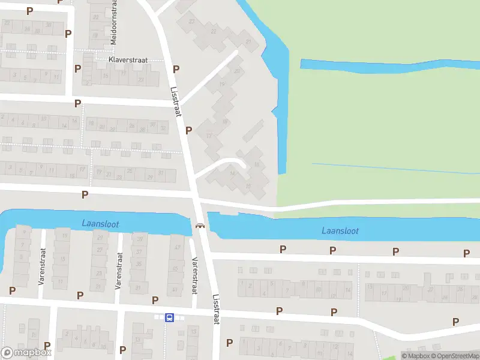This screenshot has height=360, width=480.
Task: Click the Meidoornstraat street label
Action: coord(113,23)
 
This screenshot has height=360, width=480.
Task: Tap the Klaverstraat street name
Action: coord(128,61)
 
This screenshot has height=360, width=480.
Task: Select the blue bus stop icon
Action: coord(170,317)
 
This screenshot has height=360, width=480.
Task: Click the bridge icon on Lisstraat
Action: coord(199,226)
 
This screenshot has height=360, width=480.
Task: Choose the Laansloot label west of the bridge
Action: coord(100,224)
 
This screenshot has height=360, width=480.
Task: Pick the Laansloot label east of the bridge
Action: coord(340,230)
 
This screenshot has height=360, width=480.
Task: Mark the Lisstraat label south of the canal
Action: coord(216,309)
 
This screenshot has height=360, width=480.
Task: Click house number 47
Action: coord(178,247)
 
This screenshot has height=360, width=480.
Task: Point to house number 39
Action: coord(140,240)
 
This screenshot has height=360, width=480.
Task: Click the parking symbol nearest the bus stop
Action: coord(155,300)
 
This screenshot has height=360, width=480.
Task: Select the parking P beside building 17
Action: coord(188,130)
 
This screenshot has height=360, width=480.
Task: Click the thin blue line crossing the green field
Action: coord(396,168)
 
